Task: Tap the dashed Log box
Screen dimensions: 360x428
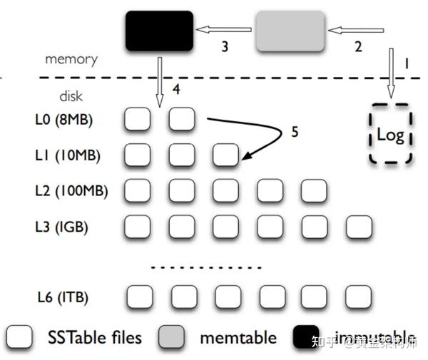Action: [390, 135]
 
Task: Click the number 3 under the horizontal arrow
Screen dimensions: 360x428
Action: [224, 47]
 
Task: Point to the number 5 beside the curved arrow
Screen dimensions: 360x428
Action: [294, 133]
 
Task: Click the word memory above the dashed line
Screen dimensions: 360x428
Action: [70, 60]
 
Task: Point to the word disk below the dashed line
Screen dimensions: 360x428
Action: [69, 95]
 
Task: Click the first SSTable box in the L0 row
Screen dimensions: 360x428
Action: [138, 119]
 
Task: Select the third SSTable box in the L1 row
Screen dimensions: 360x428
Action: [226, 155]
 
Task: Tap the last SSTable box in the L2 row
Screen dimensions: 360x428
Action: [314, 190]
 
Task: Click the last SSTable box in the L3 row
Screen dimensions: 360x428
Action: [358, 227]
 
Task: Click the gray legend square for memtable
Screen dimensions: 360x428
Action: [172, 336]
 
